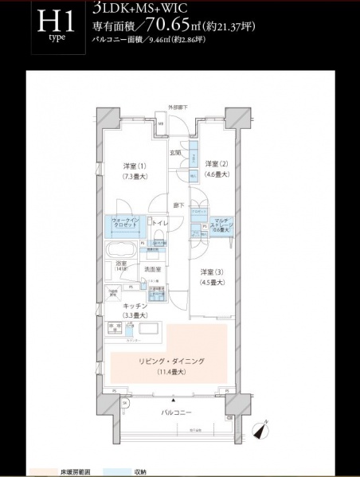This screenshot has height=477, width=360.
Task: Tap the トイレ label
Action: click(x=158, y=224)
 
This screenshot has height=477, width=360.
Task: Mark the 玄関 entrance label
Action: click(x=175, y=152)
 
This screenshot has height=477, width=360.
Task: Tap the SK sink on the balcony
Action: click(x=125, y=405)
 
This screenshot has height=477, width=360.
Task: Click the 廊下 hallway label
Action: click(x=180, y=205)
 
